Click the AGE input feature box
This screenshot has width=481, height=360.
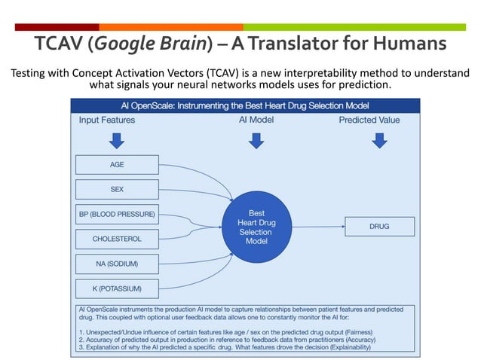tap(117, 164)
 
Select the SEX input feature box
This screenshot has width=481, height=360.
tap(117, 189)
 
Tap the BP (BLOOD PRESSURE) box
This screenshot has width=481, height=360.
tap(117, 215)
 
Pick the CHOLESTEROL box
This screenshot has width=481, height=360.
tap(117, 239)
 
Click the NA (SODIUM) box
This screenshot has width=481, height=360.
tap(117, 264)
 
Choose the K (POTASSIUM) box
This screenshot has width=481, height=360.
tap(117, 288)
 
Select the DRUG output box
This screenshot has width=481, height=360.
tap(379, 226)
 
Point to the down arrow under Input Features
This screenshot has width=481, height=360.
tap(117, 140)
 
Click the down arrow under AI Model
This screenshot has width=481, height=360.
tap(256, 140)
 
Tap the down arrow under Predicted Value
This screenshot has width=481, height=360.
tap(378, 140)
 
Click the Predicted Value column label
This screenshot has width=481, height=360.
tap(369, 120)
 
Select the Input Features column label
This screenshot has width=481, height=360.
tap(107, 120)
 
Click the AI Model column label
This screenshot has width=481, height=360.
tap(256, 120)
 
